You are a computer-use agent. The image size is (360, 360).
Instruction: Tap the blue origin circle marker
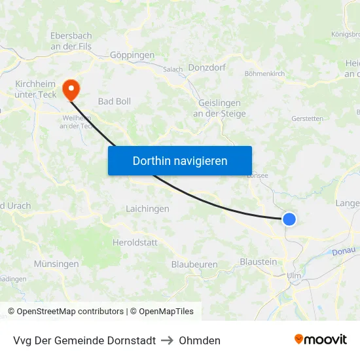point(289,220)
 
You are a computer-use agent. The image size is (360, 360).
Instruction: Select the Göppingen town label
point(132,56)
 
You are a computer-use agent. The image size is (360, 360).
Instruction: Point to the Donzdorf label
point(207,67)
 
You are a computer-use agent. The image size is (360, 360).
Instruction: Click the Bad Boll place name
point(114,101)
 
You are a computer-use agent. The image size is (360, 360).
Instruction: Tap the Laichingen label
point(147,209)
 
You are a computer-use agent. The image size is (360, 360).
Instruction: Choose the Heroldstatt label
point(135,242)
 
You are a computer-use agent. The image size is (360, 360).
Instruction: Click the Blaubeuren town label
point(194,264)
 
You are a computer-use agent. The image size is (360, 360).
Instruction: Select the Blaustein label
point(259,262)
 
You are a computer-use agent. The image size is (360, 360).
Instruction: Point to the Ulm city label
point(294,276)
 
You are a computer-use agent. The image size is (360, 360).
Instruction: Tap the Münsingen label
point(56,264)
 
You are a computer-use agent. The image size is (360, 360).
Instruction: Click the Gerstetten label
point(307,119)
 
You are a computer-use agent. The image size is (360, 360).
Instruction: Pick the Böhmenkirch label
point(264,74)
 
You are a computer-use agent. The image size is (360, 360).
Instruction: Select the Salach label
point(173,69)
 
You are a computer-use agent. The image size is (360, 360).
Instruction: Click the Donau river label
point(343,251)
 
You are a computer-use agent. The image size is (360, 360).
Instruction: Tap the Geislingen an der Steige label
point(219,109)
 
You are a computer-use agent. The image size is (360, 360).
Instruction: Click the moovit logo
point(321,340)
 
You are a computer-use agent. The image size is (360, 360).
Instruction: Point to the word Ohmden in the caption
point(200,340)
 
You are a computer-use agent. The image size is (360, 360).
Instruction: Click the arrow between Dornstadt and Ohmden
point(167,340)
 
